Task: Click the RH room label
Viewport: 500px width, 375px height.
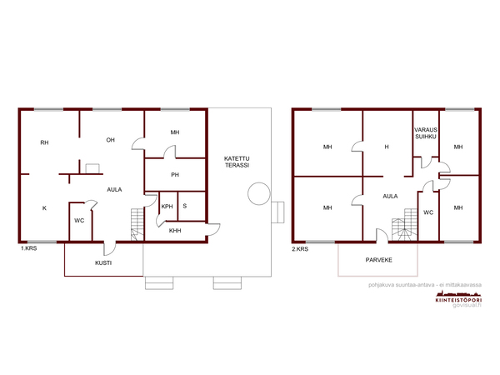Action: coord(44,142)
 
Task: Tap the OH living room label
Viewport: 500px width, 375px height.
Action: coord(110,140)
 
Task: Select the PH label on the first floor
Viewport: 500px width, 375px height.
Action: coord(175,175)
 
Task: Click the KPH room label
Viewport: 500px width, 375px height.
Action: coord(167,207)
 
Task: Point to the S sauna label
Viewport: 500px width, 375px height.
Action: coord(185,206)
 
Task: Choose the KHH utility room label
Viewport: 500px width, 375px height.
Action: coord(175,231)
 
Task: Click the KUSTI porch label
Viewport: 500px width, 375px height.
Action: coord(103,263)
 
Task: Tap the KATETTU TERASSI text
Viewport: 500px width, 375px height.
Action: coord(237,162)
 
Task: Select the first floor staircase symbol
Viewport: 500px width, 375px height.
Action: coord(137,224)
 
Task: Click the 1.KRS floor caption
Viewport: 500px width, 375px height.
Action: coord(28,248)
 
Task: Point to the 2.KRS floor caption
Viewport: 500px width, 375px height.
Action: coord(300,249)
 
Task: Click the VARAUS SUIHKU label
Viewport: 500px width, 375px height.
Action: coord(426,133)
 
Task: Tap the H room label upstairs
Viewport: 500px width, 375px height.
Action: coord(387,147)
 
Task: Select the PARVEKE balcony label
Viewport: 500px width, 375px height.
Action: coord(379,260)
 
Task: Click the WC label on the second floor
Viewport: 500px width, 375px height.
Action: coord(428,212)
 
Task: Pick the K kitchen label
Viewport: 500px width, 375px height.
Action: coord(44,208)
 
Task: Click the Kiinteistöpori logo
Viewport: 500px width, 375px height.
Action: coord(458,297)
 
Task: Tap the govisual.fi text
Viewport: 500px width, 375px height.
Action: coord(467,305)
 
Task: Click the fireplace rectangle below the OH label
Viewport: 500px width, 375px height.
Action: coord(92,168)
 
